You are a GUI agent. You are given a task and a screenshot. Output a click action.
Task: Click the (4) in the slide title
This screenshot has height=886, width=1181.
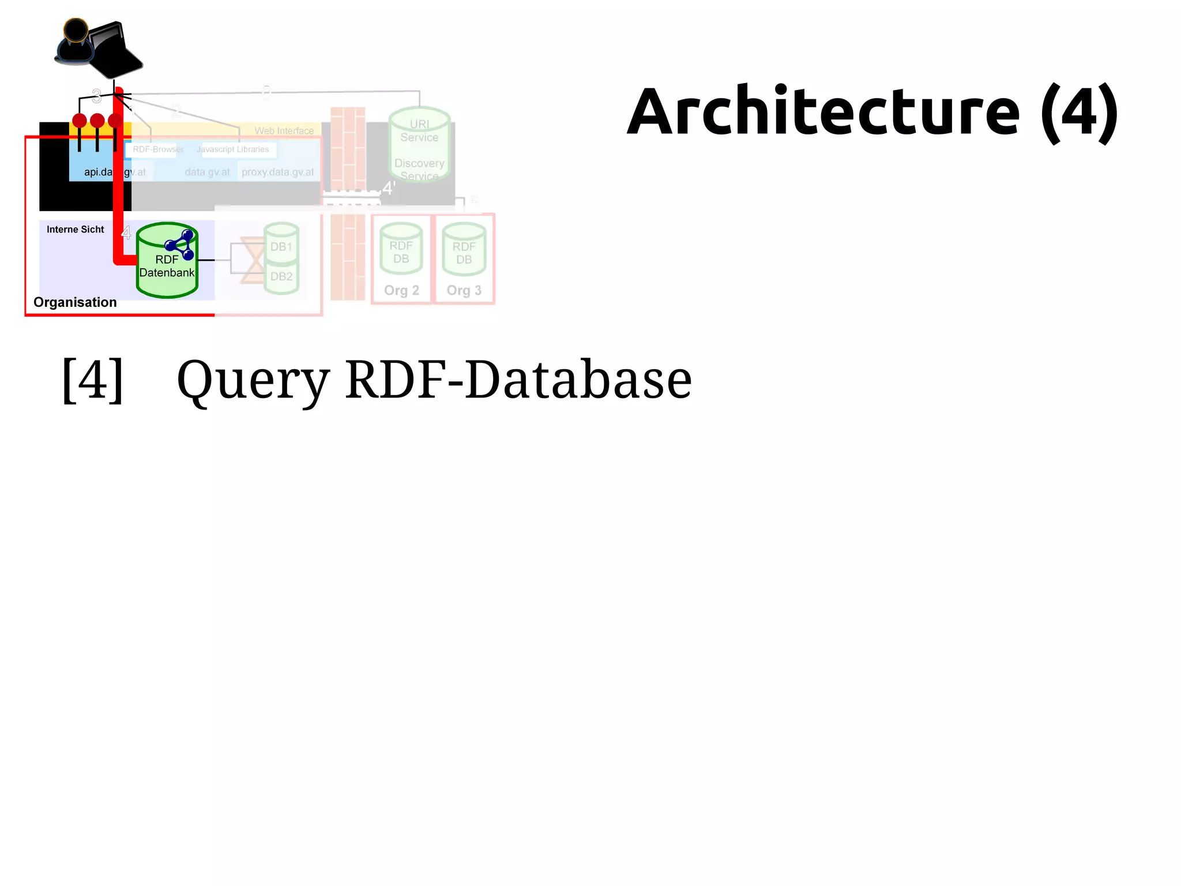[1080, 112]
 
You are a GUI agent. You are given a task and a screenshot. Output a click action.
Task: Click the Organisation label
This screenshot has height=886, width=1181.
[75, 302]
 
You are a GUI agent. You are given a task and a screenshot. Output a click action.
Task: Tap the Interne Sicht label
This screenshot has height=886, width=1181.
[75, 230]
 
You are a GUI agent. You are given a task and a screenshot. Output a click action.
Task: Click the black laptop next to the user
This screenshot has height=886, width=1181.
[115, 49]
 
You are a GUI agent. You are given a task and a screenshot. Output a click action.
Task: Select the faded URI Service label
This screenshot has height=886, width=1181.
[419, 131]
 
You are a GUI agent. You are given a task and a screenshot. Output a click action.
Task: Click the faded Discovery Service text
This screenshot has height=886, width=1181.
[419, 170]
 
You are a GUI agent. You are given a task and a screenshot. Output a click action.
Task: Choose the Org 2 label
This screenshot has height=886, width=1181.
[401, 290]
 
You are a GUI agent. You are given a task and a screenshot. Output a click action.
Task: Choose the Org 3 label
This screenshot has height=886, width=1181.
[464, 290]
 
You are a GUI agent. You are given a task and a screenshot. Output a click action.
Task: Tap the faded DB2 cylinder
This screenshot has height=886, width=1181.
[281, 277]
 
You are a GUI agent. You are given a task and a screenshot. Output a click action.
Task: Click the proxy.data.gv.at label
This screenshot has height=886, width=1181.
[278, 172]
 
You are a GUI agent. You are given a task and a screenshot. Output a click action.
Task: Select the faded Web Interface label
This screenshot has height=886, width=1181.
[284, 131]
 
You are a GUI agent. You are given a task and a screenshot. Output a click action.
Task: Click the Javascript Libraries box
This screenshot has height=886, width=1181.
[232, 149]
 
